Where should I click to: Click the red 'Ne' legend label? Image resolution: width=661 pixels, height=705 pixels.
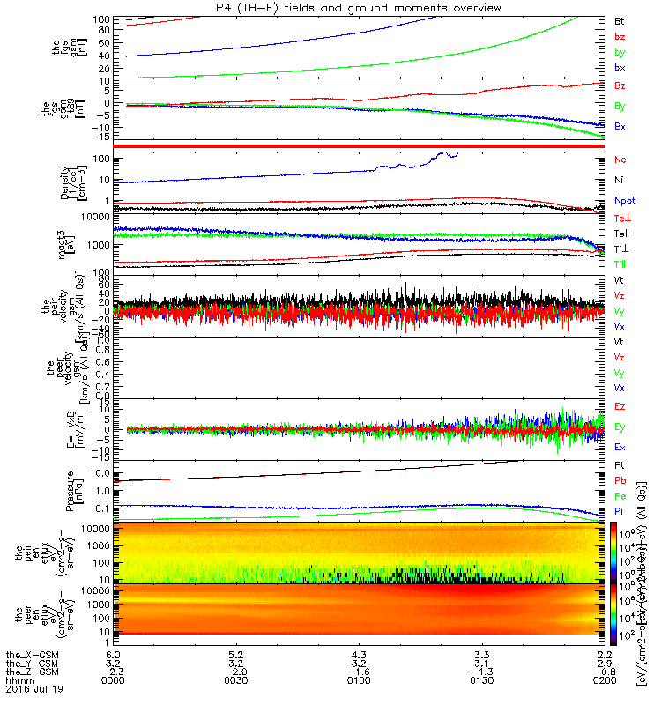620,160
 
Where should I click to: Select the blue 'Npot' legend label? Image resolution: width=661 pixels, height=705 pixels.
624,201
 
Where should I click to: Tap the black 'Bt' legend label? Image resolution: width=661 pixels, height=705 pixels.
620,19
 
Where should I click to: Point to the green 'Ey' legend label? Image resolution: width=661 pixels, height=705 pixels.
620,427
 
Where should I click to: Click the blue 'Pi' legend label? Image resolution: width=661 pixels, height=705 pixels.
620,511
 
